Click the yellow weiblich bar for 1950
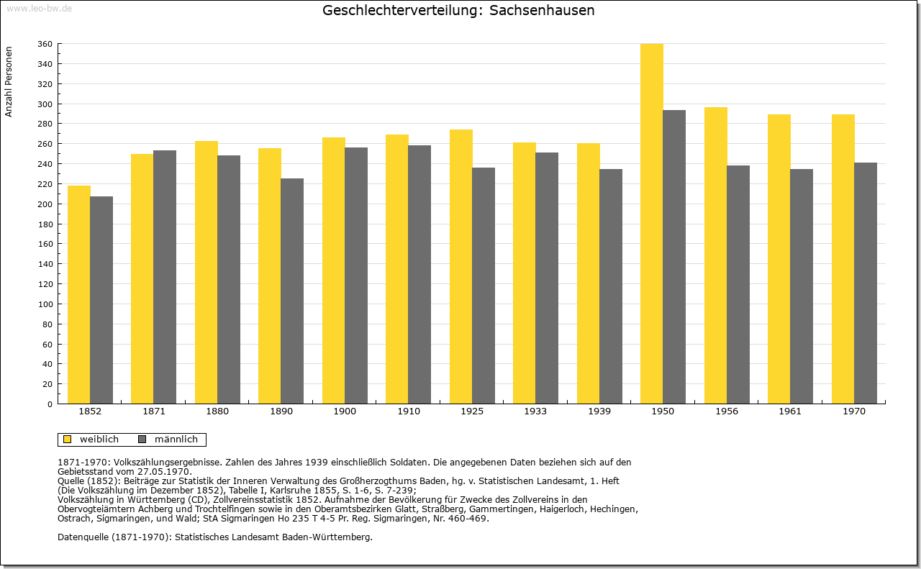click(652, 224)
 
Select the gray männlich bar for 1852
click(101, 300)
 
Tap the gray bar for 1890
click(292, 291)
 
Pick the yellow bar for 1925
click(461, 266)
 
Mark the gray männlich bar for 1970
click(866, 283)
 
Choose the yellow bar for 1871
click(142, 278)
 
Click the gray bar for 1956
click(738, 285)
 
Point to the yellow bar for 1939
click(589, 273)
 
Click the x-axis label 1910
click(409, 411)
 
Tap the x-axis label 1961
click(790, 411)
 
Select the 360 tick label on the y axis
click(45, 44)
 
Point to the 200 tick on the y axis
click(45, 204)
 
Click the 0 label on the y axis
click(50, 404)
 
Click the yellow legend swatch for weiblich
click(67, 440)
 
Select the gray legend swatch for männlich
click(142, 440)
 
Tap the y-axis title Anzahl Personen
click(9, 81)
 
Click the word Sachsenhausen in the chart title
click(542, 10)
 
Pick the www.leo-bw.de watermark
click(40, 9)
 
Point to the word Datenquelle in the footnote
click(83, 537)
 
